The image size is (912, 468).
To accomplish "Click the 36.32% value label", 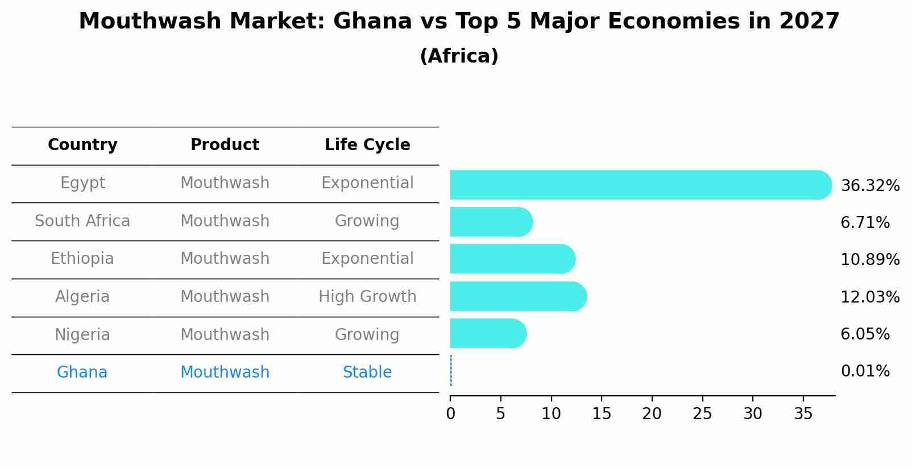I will [869, 186].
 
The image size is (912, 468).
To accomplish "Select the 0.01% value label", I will [865, 371].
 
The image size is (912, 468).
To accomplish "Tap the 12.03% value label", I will [869, 297].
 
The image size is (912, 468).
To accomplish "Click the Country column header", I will [82, 145].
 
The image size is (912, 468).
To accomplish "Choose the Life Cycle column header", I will [367, 145].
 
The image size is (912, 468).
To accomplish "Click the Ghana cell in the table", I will [82, 372].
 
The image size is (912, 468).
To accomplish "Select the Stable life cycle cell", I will [367, 372].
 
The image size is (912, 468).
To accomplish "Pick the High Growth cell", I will [367, 297].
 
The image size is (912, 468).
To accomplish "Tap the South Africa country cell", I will [82, 221].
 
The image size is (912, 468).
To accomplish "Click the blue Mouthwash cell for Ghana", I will [225, 372].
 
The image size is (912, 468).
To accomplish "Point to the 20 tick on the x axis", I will [652, 414].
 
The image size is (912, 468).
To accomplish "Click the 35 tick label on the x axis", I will [803, 414].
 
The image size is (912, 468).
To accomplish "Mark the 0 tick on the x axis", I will [450, 414].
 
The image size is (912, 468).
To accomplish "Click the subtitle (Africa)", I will [459, 56].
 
